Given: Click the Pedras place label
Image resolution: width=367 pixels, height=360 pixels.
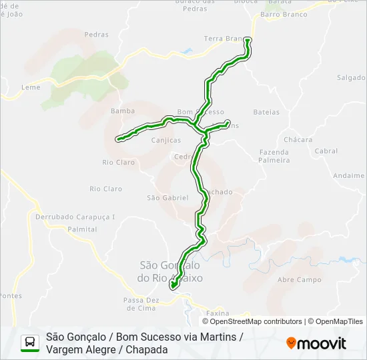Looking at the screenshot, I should click(97, 35).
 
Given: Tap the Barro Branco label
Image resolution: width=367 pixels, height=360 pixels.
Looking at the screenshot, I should click(284, 14).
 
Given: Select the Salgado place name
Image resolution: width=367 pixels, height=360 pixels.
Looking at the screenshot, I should click(351, 77).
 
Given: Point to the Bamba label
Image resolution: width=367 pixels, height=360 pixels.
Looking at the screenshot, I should click(123, 111).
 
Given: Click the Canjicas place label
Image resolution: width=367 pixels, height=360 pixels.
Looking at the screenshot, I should click(166, 141).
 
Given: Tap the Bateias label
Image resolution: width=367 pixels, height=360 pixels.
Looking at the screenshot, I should click(267, 112).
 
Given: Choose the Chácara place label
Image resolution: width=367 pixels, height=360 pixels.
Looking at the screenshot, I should click(298, 140).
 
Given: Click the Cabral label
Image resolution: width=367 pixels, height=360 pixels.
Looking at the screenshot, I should click(326, 151).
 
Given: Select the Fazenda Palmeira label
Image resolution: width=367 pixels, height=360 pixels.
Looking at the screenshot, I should click(274, 156).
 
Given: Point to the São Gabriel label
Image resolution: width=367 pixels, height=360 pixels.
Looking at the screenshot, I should click(167, 198).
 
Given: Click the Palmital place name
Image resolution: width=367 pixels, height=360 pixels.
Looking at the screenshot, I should click(82, 229).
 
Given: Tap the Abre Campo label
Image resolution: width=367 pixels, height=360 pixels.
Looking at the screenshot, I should click(299, 280).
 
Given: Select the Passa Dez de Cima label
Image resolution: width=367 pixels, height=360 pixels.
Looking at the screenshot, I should click(139, 304).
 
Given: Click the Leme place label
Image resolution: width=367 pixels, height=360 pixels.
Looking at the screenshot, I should click(31, 87).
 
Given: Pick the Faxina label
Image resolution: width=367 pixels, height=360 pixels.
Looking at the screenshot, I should click(218, 313).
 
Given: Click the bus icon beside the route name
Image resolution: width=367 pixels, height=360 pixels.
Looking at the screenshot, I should click(30, 343).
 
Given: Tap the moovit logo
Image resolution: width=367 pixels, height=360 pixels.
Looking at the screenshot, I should click(316, 343).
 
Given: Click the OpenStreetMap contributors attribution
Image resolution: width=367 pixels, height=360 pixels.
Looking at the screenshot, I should click(256, 321).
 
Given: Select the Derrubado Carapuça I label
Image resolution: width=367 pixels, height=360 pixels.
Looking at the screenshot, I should click(75, 217).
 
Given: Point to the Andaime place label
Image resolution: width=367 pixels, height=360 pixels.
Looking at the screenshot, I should click(348, 176).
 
